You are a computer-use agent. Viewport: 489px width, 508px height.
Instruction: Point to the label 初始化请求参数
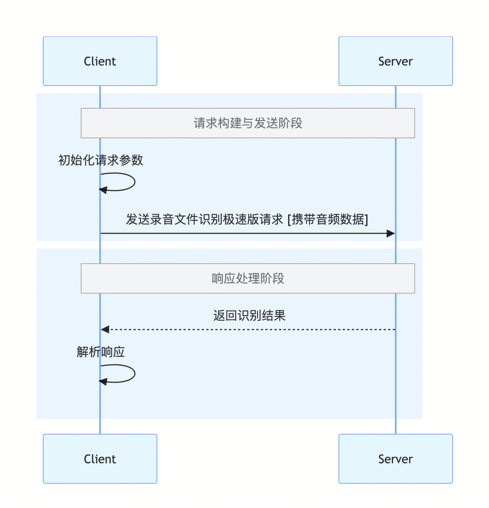pyautogui.click(x=101, y=160)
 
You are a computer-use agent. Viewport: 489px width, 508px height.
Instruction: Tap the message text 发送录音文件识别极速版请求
pyautogui.click(x=205, y=219)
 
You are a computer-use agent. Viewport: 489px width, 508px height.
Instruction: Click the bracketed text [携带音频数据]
pyautogui.click(x=328, y=219)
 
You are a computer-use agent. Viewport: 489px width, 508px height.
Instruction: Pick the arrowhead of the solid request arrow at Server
pyautogui.click(x=391, y=233)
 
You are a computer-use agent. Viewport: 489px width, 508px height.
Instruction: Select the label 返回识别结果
pyautogui.click(x=249, y=316)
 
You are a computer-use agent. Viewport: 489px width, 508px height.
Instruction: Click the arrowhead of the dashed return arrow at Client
pyautogui.click(x=105, y=330)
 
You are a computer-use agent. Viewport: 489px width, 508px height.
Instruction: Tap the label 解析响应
pyautogui.click(x=101, y=352)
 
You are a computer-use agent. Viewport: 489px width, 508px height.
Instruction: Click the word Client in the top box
pyautogui.click(x=100, y=61)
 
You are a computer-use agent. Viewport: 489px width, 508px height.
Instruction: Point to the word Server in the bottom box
pyautogui.click(x=395, y=459)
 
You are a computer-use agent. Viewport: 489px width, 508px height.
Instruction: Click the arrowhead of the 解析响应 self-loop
pyautogui.click(x=103, y=381)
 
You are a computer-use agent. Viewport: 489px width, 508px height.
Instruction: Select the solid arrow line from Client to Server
pyautogui.click(x=243, y=233)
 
